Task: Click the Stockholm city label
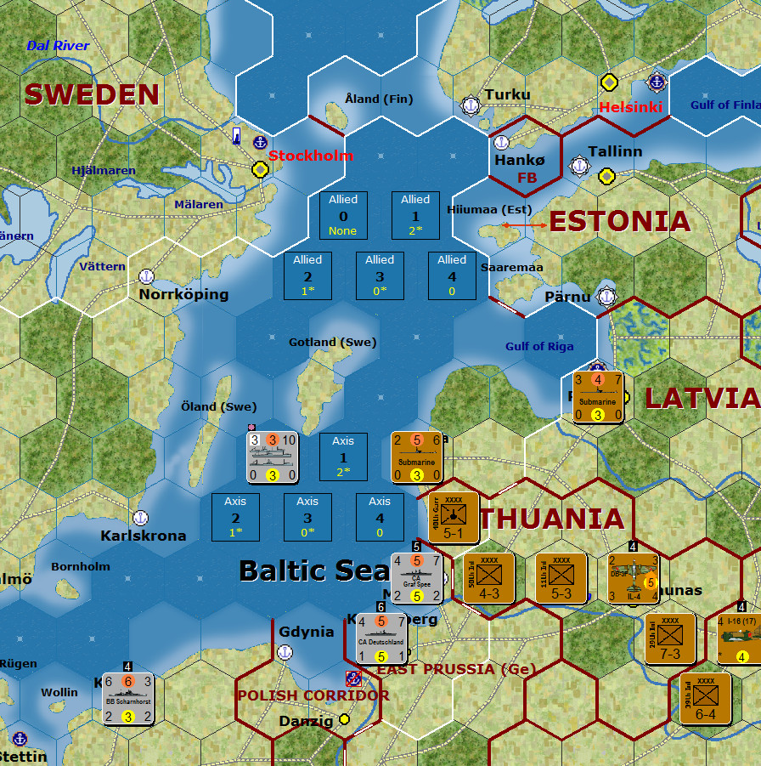(x=310, y=156)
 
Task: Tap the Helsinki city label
(x=630, y=107)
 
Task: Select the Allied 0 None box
(x=343, y=215)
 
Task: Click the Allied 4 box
(x=452, y=275)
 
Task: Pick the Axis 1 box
(x=343, y=457)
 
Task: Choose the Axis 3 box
(x=307, y=517)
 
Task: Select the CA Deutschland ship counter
(x=381, y=638)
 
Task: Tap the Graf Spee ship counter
(x=416, y=578)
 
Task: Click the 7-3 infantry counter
(x=669, y=638)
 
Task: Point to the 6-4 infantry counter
(x=705, y=698)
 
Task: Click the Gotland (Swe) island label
(x=332, y=342)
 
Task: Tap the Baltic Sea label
(x=314, y=570)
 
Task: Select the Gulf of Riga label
(x=539, y=346)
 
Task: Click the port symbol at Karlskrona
(x=142, y=518)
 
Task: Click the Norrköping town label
(x=183, y=294)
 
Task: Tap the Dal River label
(x=58, y=45)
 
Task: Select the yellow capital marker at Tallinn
(x=606, y=176)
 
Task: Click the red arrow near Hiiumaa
(x=524, y=224)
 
